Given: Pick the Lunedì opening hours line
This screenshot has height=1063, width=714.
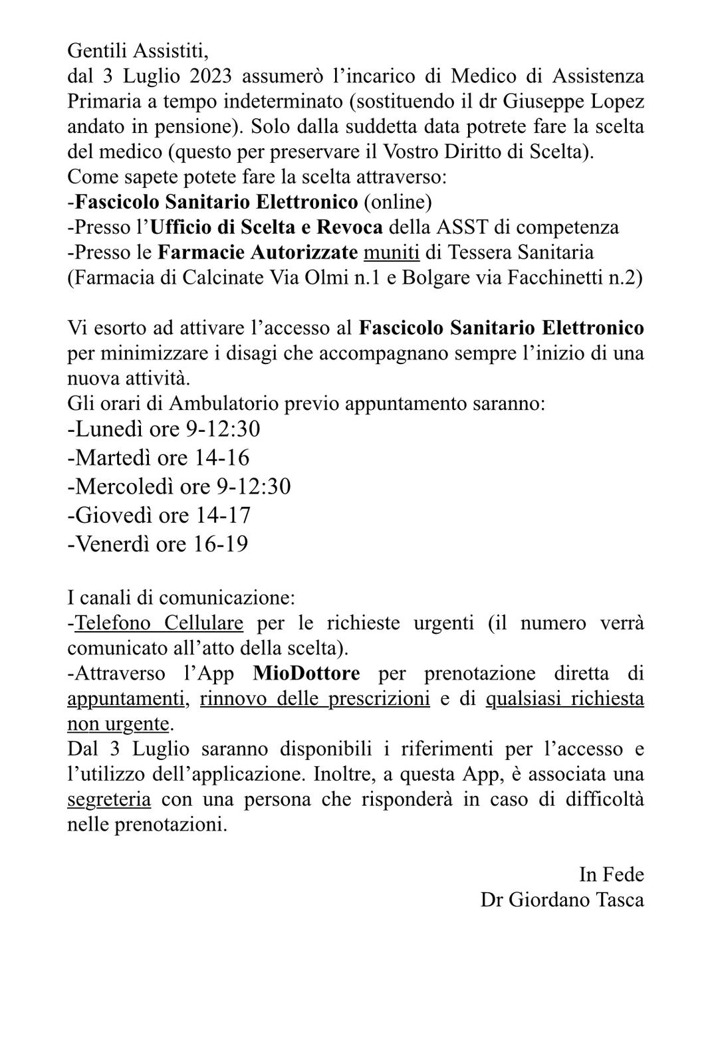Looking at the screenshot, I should [x=164, y=429].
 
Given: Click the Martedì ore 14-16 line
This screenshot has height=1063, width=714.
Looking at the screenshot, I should [x=158, y=458].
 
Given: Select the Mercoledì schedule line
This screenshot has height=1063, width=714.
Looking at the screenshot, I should [x=179, y=487].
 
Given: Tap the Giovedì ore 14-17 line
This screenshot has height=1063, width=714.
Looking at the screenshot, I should [x=159, y=516].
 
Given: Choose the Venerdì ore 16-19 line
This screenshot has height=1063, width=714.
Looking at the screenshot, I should [x=158, y=544].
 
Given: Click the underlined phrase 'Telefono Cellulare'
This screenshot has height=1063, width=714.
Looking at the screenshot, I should [x=159, y=623].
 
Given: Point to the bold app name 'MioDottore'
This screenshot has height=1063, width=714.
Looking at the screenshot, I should [x=306, y=673].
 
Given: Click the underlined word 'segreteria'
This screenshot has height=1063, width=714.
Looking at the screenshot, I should [x=109, y=799].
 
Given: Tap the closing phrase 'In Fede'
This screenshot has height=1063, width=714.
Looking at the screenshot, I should [x=612, y=874].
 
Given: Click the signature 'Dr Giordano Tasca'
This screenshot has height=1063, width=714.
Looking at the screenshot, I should [x=562, y=900].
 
